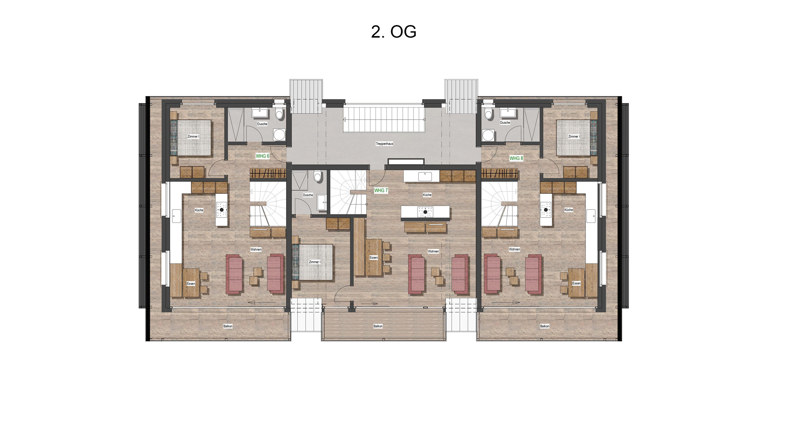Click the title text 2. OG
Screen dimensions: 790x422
pos(393,32)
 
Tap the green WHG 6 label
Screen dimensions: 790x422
pos(262,156)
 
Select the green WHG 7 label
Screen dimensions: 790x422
pos(381,191)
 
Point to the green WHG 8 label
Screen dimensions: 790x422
pos(516,159)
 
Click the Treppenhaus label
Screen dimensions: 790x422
pos(385,144)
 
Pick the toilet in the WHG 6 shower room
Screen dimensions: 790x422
pos(279,114)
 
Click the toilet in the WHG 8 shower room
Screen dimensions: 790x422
pos(489,114)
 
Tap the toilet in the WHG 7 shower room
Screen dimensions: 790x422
pos(317,177)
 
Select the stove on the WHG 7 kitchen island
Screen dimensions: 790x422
pos(425,212)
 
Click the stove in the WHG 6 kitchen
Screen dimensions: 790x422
pos(221,210)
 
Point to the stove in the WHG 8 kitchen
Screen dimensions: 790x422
pos(546,210)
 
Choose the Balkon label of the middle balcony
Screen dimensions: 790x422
pos(378,326)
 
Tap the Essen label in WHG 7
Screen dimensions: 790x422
pos(373,257)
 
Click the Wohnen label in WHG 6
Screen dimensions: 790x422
pos(256,250)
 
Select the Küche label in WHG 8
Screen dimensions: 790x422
pos(569,210)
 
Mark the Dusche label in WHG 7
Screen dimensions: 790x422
pos(308,195)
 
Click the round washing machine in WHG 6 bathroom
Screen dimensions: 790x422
pos(279,135)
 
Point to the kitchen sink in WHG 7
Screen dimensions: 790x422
pos(425,176)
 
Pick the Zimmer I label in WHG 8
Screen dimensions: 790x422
pos(574,137)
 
